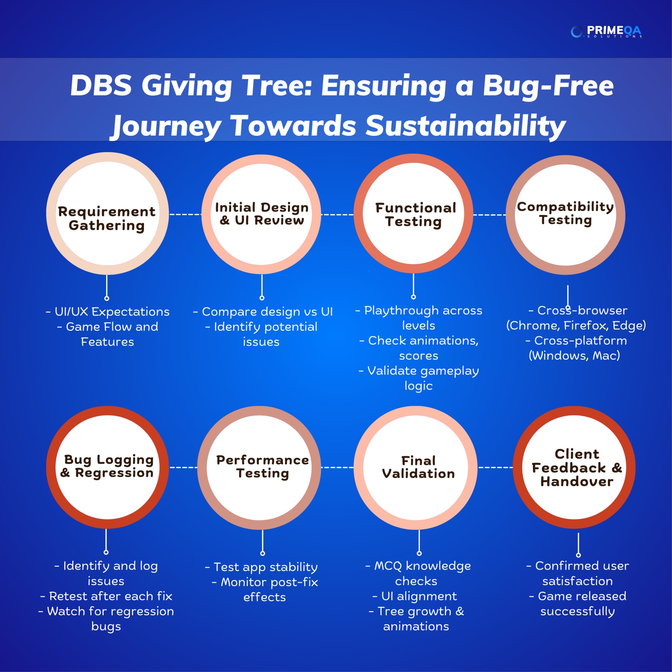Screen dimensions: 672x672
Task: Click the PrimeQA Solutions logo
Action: (x=606, y=32)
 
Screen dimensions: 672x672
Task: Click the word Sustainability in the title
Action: (x=466, y=126)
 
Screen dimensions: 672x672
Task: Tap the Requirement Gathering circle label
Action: (x=107, y=218)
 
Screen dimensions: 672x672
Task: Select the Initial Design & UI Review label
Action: (x=262, y=214)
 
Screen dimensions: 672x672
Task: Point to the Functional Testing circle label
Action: (x=415, y=215)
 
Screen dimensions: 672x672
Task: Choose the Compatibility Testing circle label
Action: (x=565, y=213)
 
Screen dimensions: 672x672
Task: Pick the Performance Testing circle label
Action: (x=262, y=467)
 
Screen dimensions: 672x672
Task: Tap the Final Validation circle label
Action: (x=419, y=467)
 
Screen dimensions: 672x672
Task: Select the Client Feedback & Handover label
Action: (x=577, y=468)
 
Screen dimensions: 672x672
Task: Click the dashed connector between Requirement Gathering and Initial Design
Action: (x=185, y=214)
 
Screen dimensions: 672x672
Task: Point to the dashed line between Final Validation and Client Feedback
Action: (x=496, y=467)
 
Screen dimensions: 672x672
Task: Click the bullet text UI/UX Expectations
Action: (x=108, y=312)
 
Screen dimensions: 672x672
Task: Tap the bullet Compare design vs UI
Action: (x=263, y=312)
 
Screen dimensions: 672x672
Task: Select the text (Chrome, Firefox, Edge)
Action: (x=576, y=325)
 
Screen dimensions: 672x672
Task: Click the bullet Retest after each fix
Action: (x=106, y=596)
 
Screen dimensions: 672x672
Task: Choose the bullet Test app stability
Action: (x=261, y=567)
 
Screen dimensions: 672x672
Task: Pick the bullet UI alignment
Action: (x=415, y=596)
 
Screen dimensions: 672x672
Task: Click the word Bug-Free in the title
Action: (x=548, y=86)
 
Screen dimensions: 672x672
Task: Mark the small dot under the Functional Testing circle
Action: (x=414, y=297)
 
